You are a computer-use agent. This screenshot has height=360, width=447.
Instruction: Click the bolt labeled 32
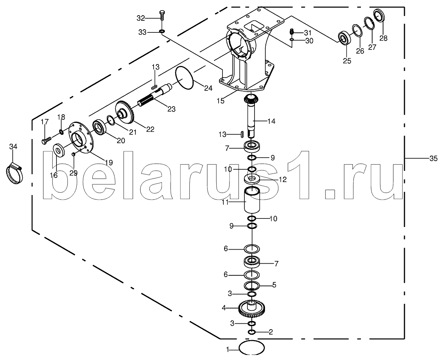(162, 15)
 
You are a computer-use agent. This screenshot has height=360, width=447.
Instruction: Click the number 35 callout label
(433, 158)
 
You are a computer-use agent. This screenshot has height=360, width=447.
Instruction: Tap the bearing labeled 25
(345, 39)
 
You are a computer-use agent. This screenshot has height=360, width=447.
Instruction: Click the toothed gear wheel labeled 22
(126, 112)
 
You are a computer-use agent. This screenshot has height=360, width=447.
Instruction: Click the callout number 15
(220, 101)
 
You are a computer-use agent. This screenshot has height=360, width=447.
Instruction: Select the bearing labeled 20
(99, 128)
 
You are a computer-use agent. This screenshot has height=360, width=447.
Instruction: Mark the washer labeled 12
(252, 179)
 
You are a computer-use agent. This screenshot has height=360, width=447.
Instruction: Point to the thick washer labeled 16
(59, 150)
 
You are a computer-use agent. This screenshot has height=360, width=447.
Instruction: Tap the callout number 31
(307, 34)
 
